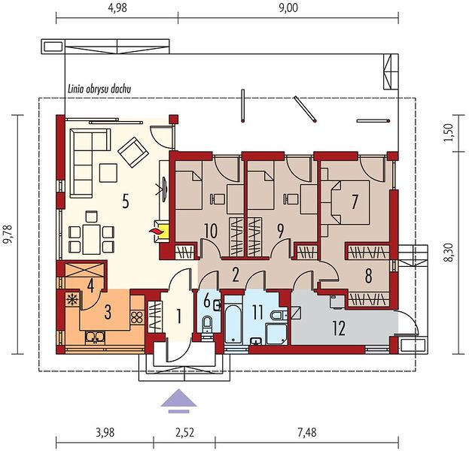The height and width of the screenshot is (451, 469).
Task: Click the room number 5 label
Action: (126, 202)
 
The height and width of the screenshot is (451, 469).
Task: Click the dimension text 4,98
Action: (117, 8)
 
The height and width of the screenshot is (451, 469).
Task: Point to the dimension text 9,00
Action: (288, 8)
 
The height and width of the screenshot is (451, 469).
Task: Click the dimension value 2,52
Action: (184, 432)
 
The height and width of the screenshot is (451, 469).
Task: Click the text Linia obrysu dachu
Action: (99, 89)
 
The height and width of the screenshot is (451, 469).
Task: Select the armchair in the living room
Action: (133, 152)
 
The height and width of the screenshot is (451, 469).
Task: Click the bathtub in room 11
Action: (233, 323)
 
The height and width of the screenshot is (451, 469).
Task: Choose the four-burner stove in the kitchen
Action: (137, 317)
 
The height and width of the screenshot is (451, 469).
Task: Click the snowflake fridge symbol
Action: (72, 299)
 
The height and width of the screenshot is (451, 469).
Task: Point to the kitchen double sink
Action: (95, 337)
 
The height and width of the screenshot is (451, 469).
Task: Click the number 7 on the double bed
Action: (355, 202)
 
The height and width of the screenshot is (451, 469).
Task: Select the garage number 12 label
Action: (339, 328)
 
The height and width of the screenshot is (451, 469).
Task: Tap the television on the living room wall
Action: (164, 189)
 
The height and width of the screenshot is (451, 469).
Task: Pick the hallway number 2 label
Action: (236, 275)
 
